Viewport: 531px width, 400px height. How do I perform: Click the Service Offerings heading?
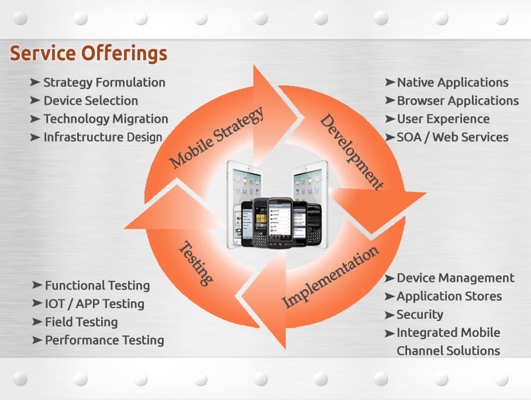coord(88,54)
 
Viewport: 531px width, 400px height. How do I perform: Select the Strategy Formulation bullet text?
coord(104,82)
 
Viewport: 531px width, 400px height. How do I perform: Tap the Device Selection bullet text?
coord(91,101)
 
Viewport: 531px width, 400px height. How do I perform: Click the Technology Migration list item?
coord(105,119)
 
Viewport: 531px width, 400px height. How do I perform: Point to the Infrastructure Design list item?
coord(102,137)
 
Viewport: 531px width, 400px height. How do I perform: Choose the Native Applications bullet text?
coord(453,82)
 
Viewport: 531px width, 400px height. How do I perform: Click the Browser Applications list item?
coord(457,101)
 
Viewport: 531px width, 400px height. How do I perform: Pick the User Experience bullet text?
coord(443,119)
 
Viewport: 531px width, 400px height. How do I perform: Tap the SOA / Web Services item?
coord(453,137)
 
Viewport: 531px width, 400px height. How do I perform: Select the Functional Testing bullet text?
coord(97,285)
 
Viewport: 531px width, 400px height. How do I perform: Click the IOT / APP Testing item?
coord(94,304)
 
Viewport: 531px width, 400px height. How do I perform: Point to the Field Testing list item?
coord(81,322)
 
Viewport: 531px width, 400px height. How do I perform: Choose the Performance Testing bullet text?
coord(104,340)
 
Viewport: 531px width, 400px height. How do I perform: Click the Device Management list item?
coord(456,278)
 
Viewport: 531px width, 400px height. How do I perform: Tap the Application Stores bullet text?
coord(449,296)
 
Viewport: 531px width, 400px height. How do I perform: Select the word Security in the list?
coord(420,314)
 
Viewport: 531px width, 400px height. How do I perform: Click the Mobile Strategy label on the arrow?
coord(217,137)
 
